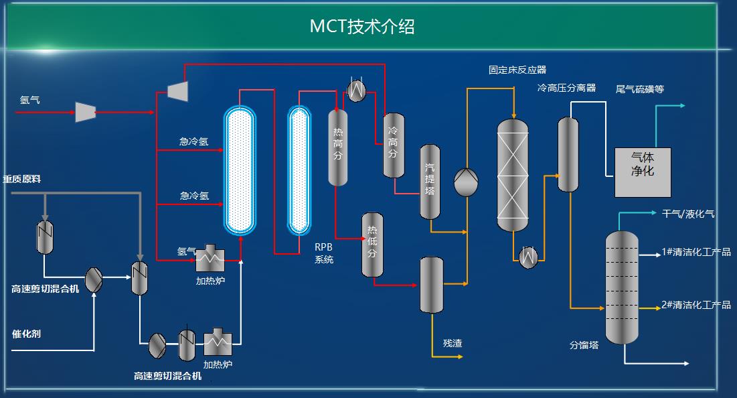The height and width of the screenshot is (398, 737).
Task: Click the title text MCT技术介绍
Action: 362,26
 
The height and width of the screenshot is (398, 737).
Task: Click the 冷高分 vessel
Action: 394,145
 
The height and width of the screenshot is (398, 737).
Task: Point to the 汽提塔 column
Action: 429,181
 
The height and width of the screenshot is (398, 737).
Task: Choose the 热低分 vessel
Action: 372,245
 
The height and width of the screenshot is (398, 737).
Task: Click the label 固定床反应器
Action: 517,70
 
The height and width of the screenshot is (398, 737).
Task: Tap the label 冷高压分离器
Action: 566,88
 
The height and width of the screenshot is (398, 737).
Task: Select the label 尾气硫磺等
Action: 640,89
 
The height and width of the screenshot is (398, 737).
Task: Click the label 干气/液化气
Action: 688,214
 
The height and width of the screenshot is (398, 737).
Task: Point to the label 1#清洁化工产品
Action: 696,253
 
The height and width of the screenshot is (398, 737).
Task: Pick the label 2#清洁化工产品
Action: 696,305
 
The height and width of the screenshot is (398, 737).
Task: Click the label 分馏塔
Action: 584,346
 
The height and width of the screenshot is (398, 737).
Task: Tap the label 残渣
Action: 453,344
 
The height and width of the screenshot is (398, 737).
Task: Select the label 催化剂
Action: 26,334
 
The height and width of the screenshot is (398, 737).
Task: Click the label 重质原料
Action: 22,180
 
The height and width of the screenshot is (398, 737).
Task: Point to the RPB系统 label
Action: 324,253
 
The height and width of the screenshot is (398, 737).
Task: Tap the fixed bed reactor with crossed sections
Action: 513,176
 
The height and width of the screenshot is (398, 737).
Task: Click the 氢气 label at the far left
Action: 29,100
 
